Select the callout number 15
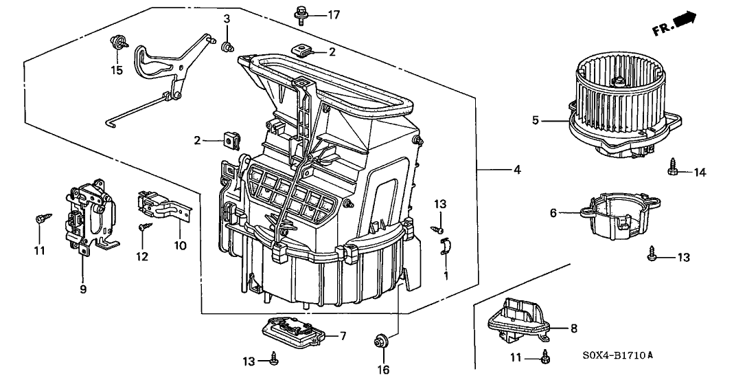117,70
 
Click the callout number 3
226,19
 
